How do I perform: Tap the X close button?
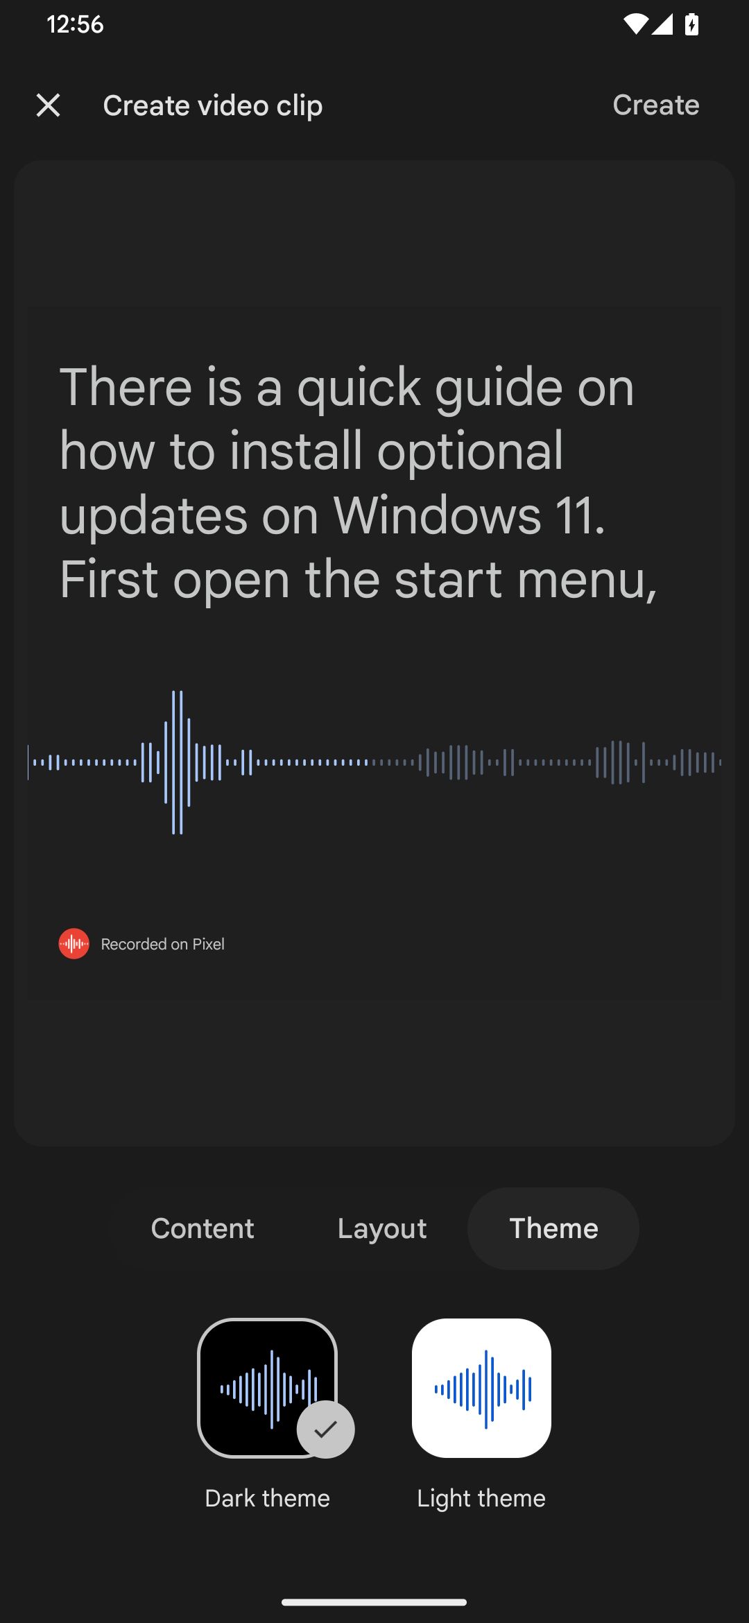(48, 105)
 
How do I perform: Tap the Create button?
(655, 105)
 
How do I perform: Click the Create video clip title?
(212, 105)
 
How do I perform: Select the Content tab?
(203, 1228)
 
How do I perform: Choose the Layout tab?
(382, 1228)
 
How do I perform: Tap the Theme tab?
(553, 1228)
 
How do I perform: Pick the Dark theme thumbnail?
(267, 1387)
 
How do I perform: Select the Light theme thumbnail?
(481, 1388)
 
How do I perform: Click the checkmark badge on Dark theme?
(325, 1429)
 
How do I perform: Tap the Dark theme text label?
(267, 1498)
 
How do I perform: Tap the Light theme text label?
(481, 1498)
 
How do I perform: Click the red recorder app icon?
(74, 944)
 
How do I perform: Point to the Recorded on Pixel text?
(162, 944)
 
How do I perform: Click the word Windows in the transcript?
(437, 515)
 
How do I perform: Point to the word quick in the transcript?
(359, 388)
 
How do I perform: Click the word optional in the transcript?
(470, 452)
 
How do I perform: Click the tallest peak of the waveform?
(178, 762)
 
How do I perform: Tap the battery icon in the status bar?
(691, 25)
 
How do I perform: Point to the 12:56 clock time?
(75, 25)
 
